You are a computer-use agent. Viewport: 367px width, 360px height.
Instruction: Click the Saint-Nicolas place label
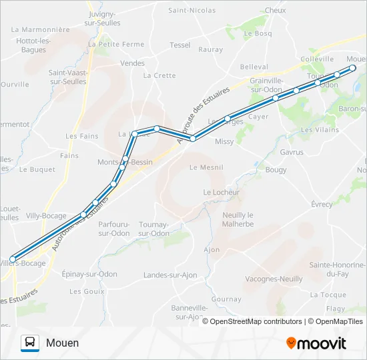click(192, 11)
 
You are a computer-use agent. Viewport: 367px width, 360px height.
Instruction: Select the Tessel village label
click(180, 45)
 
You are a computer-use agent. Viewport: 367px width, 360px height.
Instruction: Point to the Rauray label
click(211, 49)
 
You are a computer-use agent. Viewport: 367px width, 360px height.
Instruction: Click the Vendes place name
click(132, 63)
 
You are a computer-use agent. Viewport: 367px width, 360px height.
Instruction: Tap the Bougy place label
click(276, 170)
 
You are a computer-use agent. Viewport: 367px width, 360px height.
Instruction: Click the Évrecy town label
click(322, 204)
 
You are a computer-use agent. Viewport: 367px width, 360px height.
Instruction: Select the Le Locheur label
click(218, 192)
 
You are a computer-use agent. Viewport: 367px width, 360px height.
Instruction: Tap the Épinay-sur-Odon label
click(89, 274)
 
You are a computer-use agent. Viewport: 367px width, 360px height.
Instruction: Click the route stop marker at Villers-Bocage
click(13, 259)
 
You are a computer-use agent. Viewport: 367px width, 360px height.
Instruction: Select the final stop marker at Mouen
click(353, 68)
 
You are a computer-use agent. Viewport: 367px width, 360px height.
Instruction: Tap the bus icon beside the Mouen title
click(30, 343)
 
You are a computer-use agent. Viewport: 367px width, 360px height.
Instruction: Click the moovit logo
click(316, 343)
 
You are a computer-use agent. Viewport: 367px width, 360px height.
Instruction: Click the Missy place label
click(224, 141)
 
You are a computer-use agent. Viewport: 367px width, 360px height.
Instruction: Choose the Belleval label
click(254, 67)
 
